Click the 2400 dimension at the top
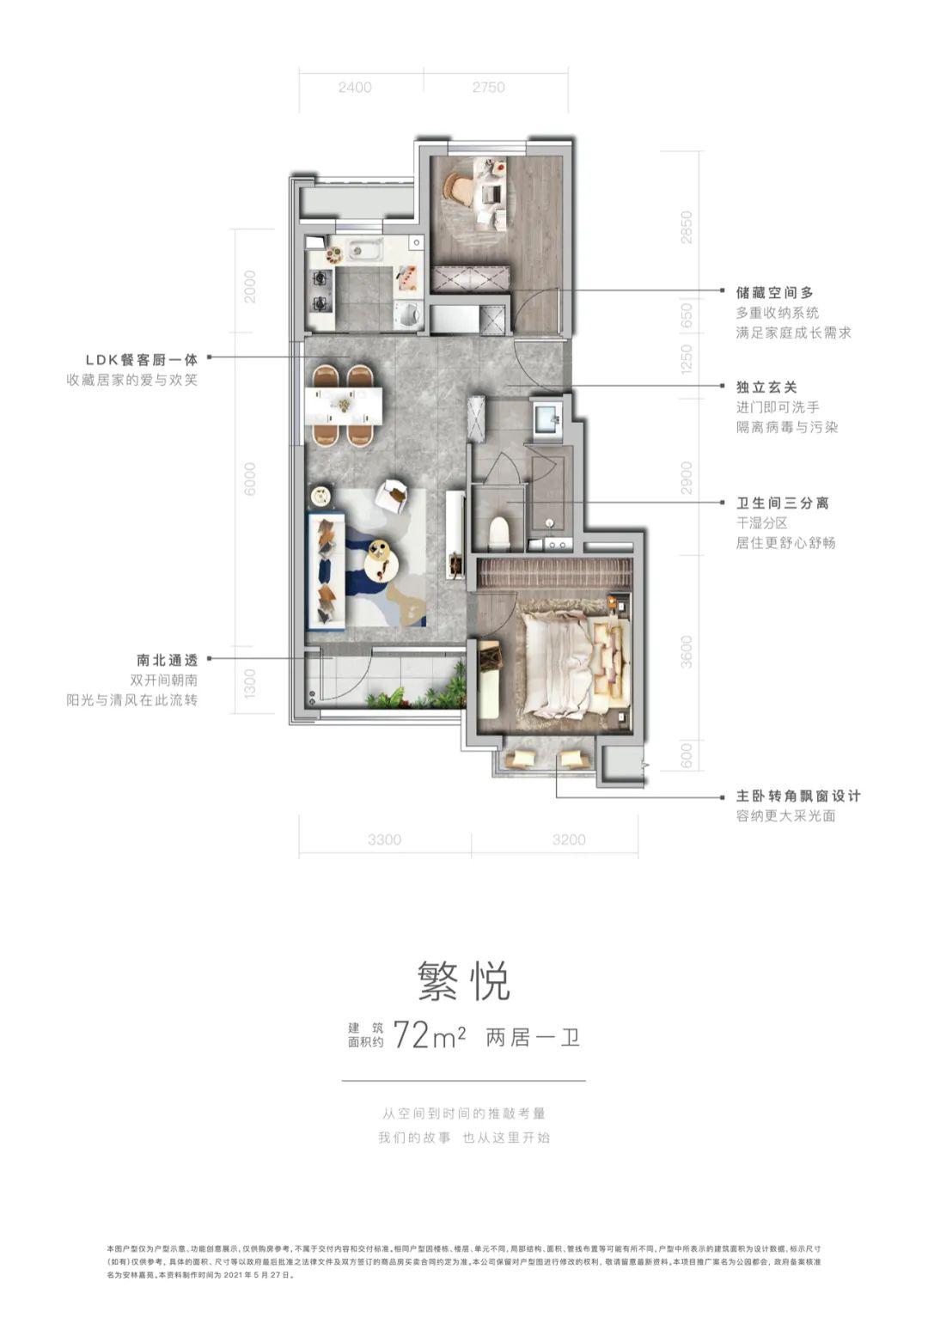354,88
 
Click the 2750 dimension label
488,88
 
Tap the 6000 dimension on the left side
250,479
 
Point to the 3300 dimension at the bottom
384,839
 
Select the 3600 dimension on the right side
686,652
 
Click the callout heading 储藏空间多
774,293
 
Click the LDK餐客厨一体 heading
142,360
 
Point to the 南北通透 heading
167,660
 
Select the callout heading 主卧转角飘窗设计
797,796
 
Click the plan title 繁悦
464,980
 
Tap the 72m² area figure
429,1036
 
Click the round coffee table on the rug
382,562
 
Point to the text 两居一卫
533,1037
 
